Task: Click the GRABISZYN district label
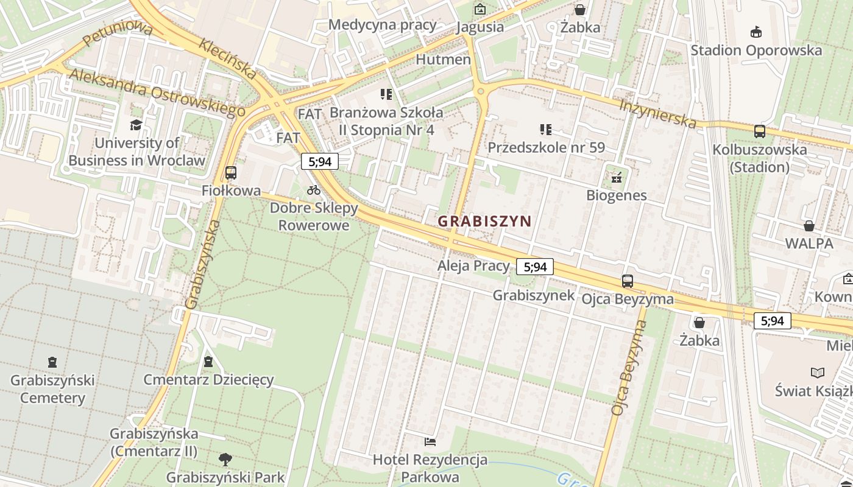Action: pos(484,222)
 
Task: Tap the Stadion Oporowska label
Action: pos(756,51)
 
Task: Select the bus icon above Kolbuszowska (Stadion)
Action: pos(760,131)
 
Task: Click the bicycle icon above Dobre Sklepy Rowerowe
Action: pos(314,190)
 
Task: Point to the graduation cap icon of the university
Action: pos(136,125)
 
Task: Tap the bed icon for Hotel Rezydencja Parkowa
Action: pos(430,441)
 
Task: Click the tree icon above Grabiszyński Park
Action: pos(225,458)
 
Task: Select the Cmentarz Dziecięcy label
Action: pos(208,380)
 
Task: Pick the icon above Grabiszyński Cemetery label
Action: pos(52,362)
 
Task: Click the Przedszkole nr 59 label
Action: pos(546,148)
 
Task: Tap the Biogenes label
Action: pos(616,195)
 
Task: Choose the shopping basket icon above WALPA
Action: pos(809,226)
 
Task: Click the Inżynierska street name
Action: pos(657,113)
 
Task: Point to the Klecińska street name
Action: pos(228,58)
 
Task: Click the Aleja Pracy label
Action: pos(473,265)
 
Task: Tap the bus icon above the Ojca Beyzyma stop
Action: pos(628,281)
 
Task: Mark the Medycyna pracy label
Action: pos(382,25)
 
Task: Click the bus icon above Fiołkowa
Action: pos(230,173)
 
